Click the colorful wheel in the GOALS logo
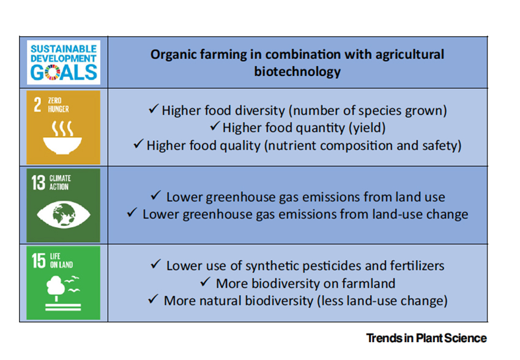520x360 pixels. pos(53,72)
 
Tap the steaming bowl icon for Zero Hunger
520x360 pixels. pos(62,138)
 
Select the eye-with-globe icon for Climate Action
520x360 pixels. pos(64,215)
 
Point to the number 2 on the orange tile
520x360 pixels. pos(37,105)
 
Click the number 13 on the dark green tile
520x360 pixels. pos(39,182)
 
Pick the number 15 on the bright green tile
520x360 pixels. pos(39,260)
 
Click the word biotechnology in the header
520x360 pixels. pos(297,72)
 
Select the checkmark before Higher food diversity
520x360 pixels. pos(154,108)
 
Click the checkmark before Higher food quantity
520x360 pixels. pos(215,126)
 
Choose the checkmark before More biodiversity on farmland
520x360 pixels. pos(206,282)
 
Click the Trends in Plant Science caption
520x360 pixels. pos(426,338)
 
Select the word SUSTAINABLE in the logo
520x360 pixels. pos(64,49)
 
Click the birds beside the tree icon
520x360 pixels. pos(72,284)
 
